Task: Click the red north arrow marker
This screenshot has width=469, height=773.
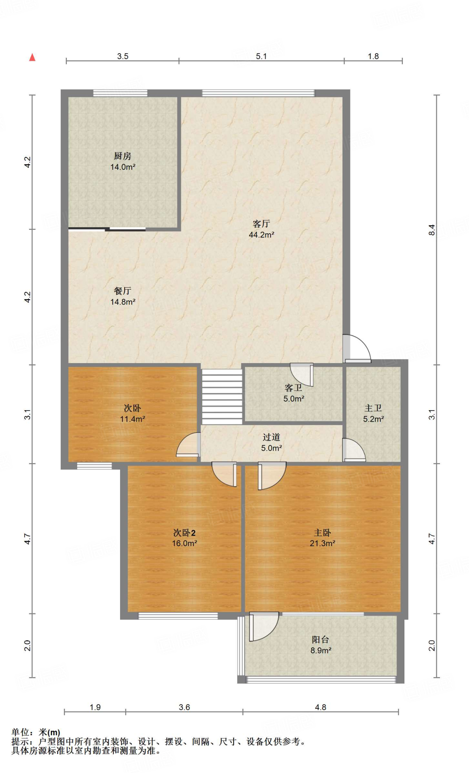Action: (x=32, y=57)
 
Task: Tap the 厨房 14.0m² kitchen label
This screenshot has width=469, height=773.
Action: (x=123, y=162)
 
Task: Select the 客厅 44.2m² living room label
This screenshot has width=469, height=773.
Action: (x=261, y=229)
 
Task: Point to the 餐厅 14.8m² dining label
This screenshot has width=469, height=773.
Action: (x=123, y=296)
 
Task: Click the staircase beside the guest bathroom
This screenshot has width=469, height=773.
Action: (x=222, y=396)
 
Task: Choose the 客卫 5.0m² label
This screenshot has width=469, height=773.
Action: (x=293, y=393)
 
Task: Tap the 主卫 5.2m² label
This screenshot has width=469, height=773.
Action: (x=373, y=413)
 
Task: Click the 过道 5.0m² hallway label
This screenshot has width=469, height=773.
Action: (x=272, y=442)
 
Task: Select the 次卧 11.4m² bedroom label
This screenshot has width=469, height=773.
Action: (x=132, y=413)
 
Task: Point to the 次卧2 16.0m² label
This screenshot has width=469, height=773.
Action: (x=184, y=538)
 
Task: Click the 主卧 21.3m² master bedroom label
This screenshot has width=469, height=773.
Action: (x=322, y=538)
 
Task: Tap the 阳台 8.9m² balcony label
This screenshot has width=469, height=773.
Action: (x=321, y=645)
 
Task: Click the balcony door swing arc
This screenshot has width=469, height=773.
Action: (x=264, y=627)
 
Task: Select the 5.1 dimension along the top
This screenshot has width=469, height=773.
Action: (x=261, y=56)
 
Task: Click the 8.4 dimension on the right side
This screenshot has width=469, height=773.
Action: (x=432, y=229)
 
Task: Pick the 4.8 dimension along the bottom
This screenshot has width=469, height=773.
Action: (x=320, y=707)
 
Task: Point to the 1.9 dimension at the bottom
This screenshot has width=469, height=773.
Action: (x=95, y=707)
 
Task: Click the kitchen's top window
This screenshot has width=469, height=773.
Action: (x=120, y=93)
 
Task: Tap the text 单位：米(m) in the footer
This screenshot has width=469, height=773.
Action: (x=36, y=733)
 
